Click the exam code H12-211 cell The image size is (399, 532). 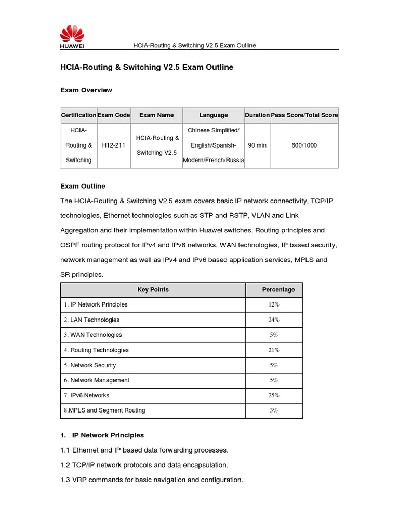pos(114,145)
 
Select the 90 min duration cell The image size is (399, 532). pos(257,145)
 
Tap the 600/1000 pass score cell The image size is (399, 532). pos(304,145)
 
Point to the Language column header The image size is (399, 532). pos(213,115)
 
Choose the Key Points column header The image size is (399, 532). pos(153,290)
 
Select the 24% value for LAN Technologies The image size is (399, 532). pos(274,320)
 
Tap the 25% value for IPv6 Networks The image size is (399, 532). pos(274,395)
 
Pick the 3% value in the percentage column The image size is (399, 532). pos(274,410)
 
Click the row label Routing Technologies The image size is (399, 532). pos(96,350)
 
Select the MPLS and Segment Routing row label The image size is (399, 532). pos(104,410)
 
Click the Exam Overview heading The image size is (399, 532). pos(86,90)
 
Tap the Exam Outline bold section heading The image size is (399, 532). pos(83,186)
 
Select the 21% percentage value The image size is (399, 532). pos(274,350)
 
